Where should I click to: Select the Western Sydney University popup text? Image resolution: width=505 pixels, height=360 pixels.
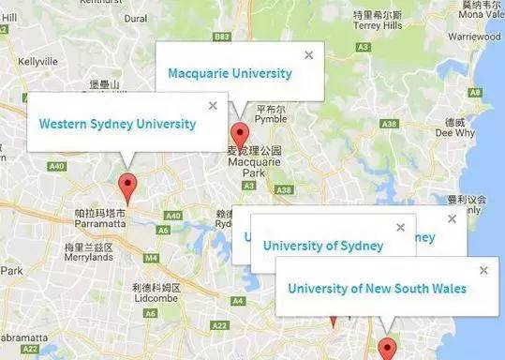click(117, 123)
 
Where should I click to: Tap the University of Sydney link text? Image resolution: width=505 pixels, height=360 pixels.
click(322, 246)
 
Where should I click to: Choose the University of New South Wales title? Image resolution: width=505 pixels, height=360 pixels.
click(377, 288)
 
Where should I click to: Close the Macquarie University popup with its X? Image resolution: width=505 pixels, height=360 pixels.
click(309, 55)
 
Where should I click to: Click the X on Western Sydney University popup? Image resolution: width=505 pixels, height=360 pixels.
click(213, 106)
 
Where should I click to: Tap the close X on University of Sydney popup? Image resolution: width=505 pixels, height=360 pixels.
click(401, 228)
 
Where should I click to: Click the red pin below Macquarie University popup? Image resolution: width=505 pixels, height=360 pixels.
click(239, 133)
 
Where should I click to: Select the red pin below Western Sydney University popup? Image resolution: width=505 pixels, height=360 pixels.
click(128, 184)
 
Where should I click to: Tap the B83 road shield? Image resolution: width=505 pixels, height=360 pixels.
click(221, 37)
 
